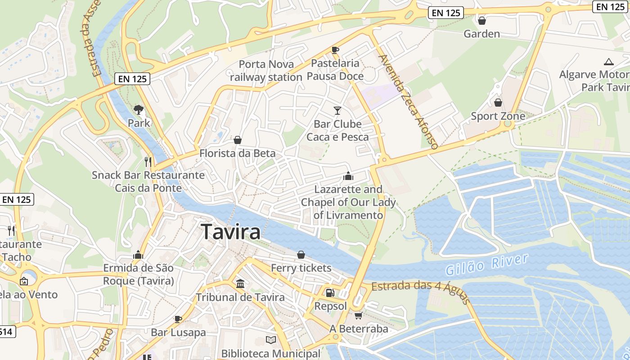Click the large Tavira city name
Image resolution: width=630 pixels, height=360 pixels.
[231, 232]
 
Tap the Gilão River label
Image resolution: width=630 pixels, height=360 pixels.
[486, 265]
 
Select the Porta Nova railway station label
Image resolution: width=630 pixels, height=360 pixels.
[266, 71]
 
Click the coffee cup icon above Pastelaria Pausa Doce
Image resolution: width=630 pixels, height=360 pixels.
[335, 50]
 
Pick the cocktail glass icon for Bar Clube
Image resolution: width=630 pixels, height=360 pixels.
[337, 110]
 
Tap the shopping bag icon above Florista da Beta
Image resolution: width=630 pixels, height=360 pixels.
[238, 140]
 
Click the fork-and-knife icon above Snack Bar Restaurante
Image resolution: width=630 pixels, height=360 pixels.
[148, 162]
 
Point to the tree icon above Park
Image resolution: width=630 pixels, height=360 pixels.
[139, 109]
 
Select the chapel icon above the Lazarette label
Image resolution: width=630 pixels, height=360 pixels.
[348, 176]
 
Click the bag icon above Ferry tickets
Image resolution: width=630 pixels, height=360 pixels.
[301, 255]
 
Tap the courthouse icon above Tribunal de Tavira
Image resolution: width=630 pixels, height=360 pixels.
[240, 284]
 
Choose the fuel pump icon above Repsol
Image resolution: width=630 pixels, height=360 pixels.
[330, 293]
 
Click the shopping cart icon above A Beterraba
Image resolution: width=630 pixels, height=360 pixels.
[358, 315]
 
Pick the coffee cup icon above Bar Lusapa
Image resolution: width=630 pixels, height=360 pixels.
[178, 319]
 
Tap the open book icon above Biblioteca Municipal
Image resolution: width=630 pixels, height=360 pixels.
[270, 340]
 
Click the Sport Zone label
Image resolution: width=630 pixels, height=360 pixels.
[498, 116]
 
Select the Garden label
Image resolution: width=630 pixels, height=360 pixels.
[481, 34]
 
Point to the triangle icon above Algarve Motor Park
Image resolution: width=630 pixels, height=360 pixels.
[609, 62]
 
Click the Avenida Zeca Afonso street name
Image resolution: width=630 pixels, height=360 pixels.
[408, 102]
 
